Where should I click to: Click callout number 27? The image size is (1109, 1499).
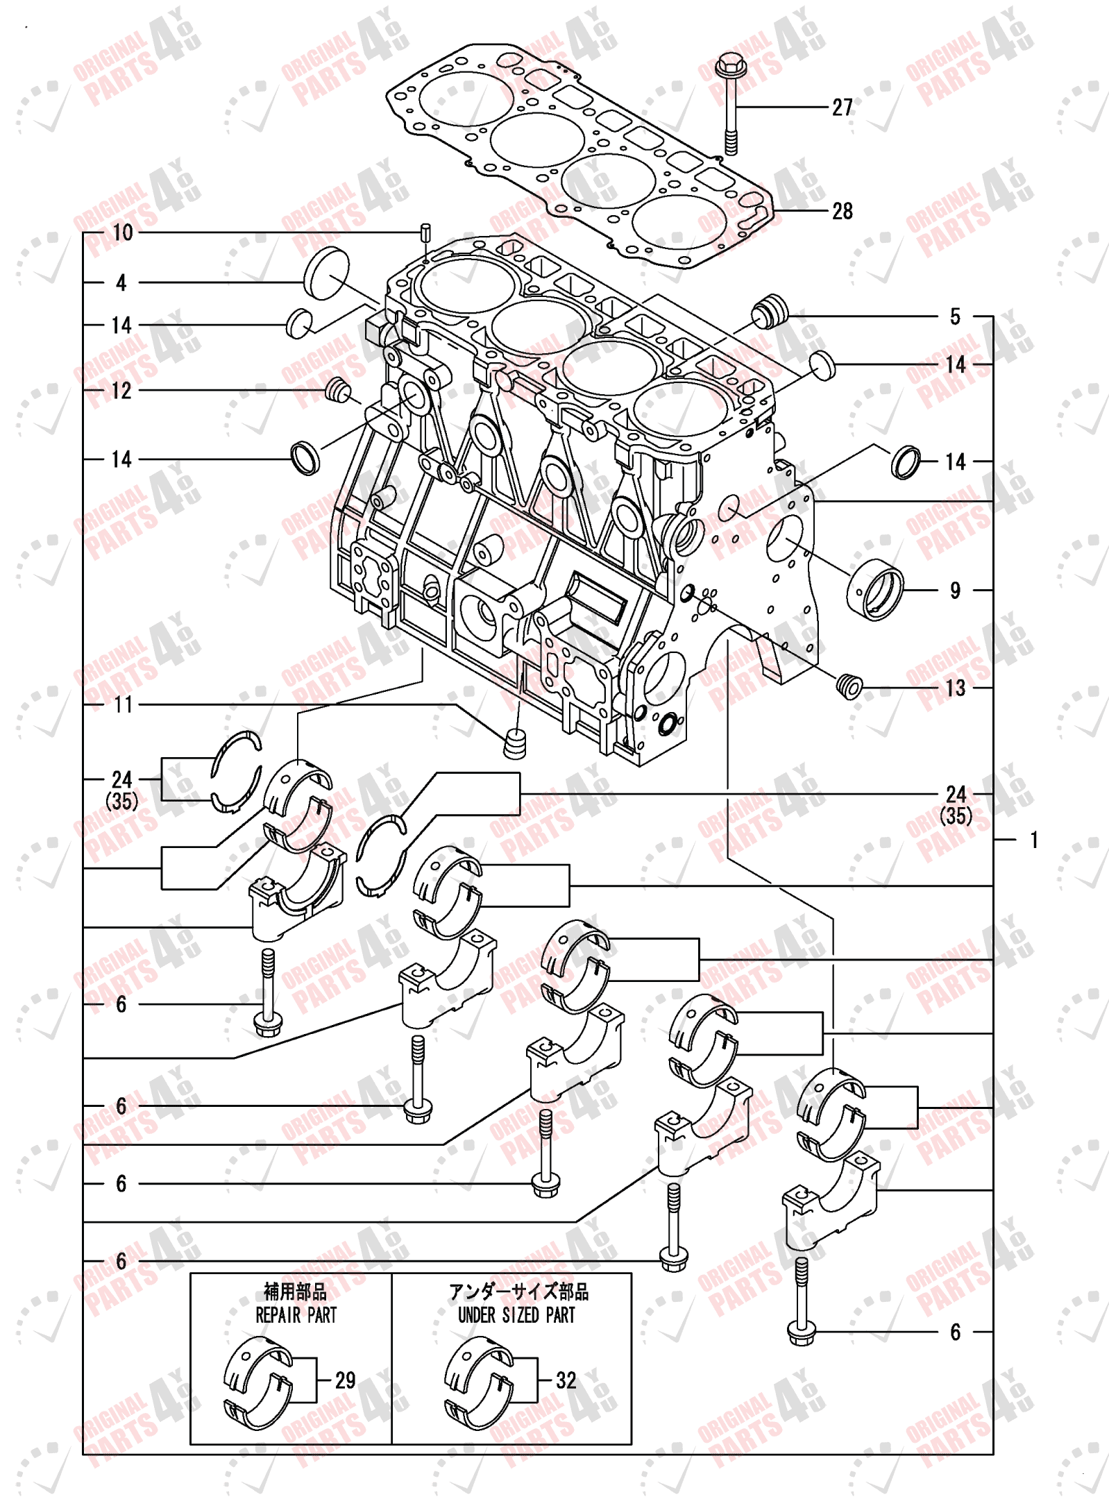coord(842,108)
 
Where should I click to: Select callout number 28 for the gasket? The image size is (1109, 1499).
coord(842,211)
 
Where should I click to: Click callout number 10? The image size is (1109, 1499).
coord(122,232)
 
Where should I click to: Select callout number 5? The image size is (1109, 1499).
coord(955,317)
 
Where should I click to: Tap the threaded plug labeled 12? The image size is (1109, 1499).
coord(337,390)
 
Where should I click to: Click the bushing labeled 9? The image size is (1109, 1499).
coord(875,590)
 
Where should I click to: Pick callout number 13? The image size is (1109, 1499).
coord(955,688)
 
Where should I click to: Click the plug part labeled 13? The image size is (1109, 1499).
coord(849,686)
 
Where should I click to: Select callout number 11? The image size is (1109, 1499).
coord(123,704)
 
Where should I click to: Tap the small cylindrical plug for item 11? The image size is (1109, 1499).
coord(514,743)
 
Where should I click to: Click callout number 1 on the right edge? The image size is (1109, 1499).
coord(1033,840)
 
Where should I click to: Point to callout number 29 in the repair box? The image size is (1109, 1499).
coord(345,1380)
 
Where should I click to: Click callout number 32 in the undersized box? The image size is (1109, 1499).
coord(566,1380)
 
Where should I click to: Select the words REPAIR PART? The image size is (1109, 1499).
coord(296,1315)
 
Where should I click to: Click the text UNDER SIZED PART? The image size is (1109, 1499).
coord(516,1315)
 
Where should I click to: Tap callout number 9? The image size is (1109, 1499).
coord(955,591)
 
